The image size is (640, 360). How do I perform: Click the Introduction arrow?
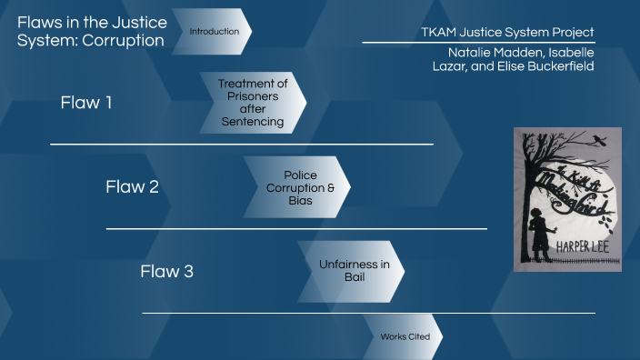[x=213, y=32]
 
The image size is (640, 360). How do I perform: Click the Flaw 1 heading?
[x=86, y=103]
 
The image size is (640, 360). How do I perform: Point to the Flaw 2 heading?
[x=132, y=187]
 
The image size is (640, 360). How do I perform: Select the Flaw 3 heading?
[x=166, y=271]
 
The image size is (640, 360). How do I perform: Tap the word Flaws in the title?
[x=37, y=22]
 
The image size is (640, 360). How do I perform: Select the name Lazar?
[x=453, y=68]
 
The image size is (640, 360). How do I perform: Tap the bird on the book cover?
[x=597, y=141]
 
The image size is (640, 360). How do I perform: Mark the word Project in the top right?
[x=574, y=32]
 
